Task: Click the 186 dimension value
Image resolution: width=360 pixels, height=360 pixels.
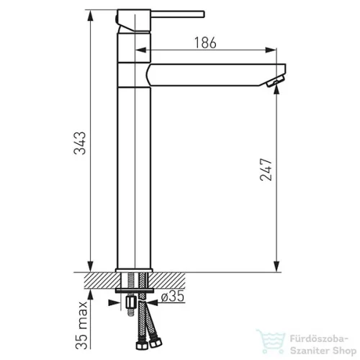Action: click(x=205, y=42)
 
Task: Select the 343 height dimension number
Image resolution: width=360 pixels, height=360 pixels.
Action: click(x=80, y=143)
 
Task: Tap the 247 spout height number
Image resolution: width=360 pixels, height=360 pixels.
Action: click(x=266, y=169)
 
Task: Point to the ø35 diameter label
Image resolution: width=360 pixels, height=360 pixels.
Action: click(x=173, y=296)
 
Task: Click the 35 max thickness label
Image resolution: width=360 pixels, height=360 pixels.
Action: click(x=81, y=325)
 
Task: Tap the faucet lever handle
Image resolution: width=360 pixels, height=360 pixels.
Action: click(x=178, y=14)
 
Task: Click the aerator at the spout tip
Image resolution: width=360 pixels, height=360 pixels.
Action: click(x=275, y=81)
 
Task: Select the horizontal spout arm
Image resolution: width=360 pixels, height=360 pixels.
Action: click(x=215, y=75)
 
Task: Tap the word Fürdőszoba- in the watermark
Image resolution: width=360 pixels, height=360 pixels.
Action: click(x=319, y=339)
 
